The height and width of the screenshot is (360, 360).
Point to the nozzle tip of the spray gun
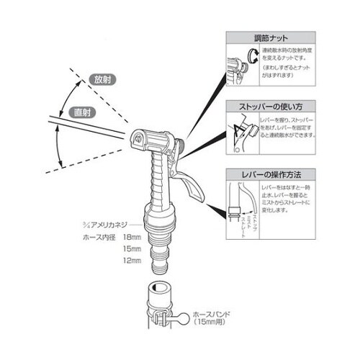136,137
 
